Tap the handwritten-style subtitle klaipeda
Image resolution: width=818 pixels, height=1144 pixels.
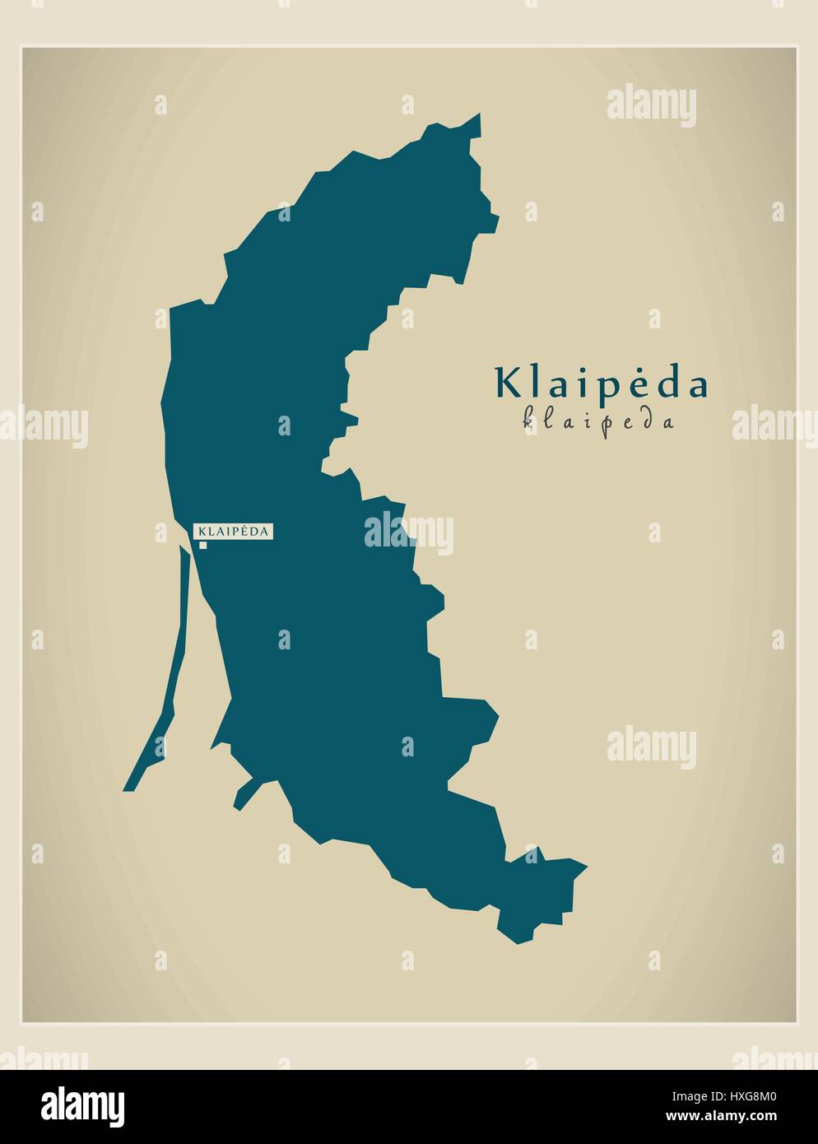tap(599, 421)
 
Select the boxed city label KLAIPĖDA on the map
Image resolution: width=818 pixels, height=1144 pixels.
tap(233, 532)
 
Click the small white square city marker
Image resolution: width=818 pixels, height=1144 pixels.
tap(202, 544)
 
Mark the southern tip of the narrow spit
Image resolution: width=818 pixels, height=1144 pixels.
tap(128, 787)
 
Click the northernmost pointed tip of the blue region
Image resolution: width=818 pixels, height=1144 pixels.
tap(478, 116)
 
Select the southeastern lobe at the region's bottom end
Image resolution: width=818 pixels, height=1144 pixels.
tap(539, 893)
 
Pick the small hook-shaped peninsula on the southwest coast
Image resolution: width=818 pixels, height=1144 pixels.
tap(243, 794)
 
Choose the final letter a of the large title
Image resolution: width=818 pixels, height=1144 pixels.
tap(697, 386)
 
